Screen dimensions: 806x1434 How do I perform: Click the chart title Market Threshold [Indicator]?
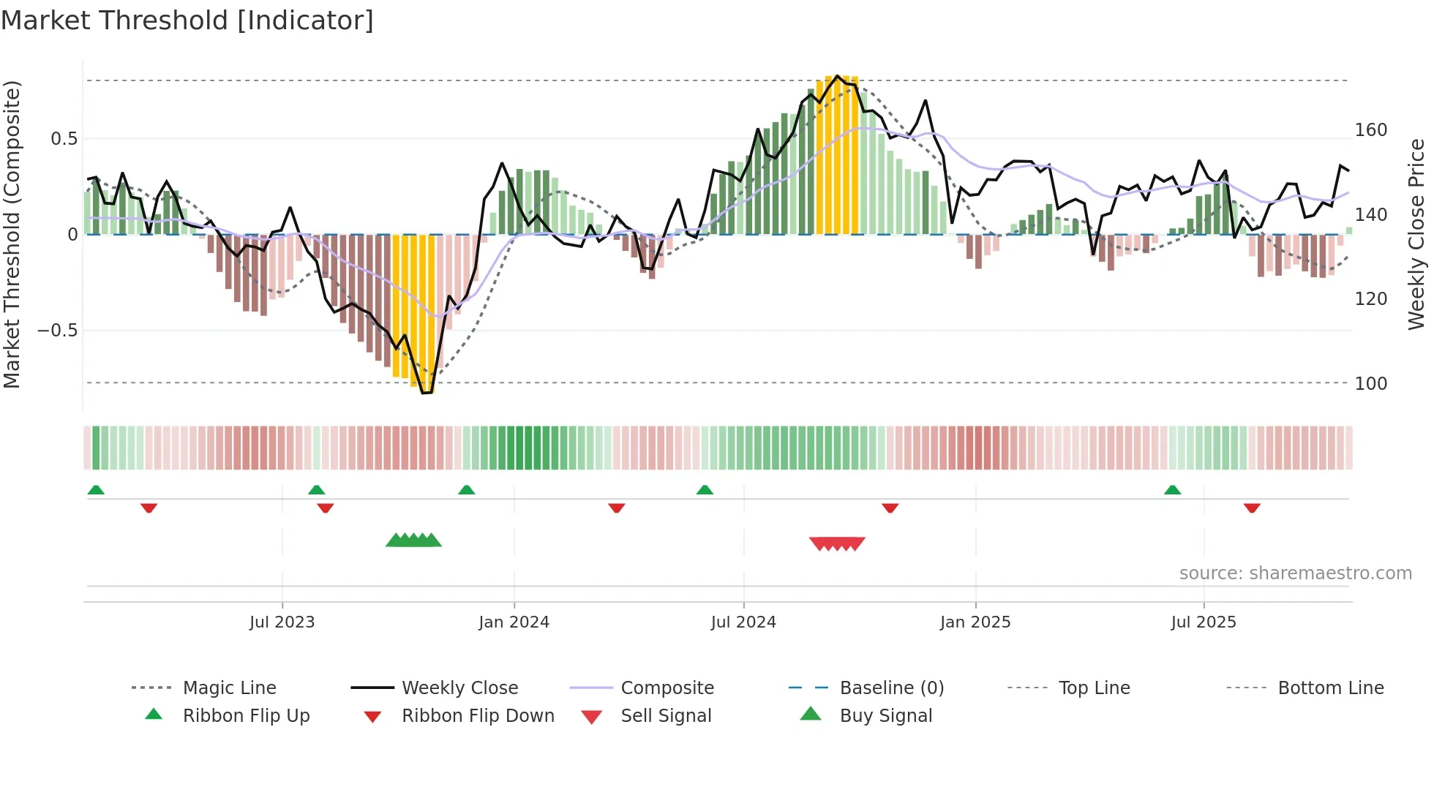pos(187,20)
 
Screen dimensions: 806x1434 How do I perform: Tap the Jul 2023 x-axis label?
pos(282,622)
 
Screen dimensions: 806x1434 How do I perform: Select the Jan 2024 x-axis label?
pos(514,622)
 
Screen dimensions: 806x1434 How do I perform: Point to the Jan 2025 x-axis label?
pos(975,622)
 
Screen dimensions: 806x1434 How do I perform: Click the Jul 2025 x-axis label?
pos(1204,622)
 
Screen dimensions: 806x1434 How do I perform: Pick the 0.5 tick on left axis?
pos(64,139)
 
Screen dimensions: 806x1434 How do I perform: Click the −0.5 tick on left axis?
pos(58,331)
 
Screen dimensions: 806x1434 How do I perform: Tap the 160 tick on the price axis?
pos(1371,130)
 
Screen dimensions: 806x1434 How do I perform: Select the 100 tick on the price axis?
pos(1371,383)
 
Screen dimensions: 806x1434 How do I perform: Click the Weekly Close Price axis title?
pos(1416,234)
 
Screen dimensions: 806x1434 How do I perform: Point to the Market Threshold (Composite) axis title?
pos(12,234)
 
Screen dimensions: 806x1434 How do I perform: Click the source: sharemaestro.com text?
pos(1295,573)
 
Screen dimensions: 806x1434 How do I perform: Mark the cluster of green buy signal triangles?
pos(413,541)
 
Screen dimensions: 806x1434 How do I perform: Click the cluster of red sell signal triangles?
pos(837,543)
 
